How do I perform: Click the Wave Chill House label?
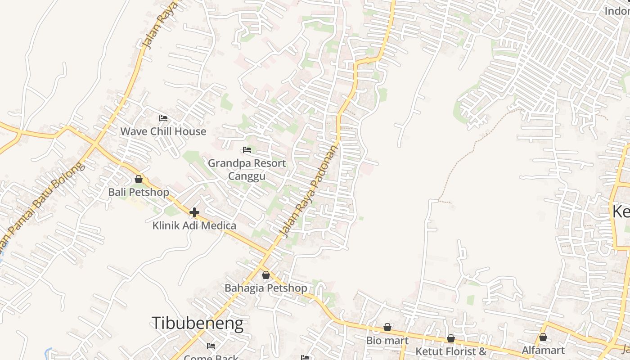pos(163,131)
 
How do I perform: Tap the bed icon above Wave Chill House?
pos(163,118)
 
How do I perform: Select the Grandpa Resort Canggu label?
pos(247,169)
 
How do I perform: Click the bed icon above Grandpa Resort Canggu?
pos(247,150)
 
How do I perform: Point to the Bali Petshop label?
pos(139,192)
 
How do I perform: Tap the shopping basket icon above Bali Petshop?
pos(139,179)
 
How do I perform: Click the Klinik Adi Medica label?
pos(194,225)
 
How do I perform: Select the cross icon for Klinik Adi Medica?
pos(194,212)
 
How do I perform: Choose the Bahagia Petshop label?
pos(266,288)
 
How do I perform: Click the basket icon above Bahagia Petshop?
pos(266,275)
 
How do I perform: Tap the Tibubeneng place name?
pos(197,323)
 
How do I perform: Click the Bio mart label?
pos(387,340)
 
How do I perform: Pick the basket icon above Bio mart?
pos(387,327)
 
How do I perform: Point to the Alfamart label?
pos(543,350)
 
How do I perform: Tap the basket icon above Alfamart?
pos(543,337)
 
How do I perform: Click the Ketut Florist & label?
pos(451,351)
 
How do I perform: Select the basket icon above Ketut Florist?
pos(451,338)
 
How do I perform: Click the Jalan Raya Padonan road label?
pos(309,191)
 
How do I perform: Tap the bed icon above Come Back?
pos(211,346)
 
